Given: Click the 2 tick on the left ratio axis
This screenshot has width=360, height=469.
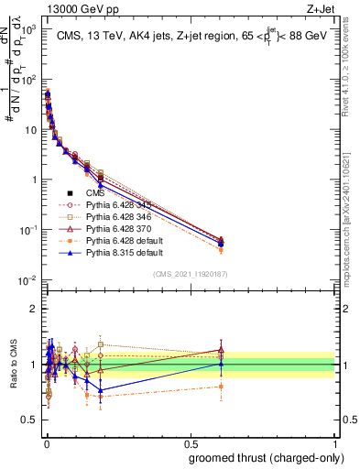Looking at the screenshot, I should (34, 308).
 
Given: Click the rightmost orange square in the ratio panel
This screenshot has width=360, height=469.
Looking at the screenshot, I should (221, 387).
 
